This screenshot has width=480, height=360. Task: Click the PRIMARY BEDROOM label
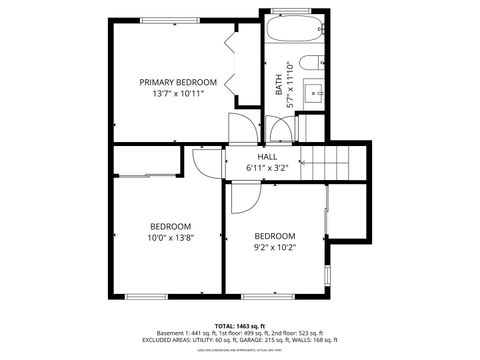(x=178, y=82)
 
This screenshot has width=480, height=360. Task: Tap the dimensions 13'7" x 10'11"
(x=178, y=94)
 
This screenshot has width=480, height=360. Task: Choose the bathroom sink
(x=314, y=95)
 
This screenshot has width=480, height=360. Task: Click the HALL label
(x=267, y=157)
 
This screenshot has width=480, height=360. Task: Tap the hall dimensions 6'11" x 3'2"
(x=267, y=168)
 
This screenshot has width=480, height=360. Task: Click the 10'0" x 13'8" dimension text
(x=171, y=238)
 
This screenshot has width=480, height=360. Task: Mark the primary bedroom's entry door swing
(x=241, y=129)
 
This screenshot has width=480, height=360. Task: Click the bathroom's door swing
(x=281, y=129)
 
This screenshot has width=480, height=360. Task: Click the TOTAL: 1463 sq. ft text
(x=240, y=326)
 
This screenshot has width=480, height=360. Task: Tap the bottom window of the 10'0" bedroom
(x=147, y=296)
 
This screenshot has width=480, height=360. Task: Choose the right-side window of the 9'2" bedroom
(x=327, y=273)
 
